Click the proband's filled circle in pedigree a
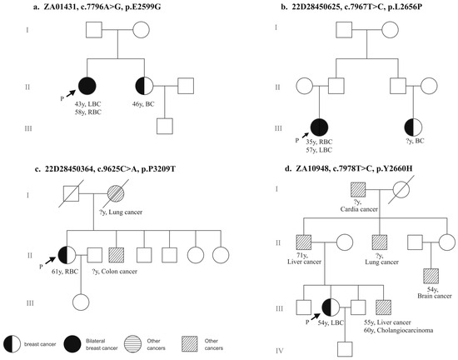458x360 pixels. point(87,86)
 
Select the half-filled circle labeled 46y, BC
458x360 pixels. point(144,86)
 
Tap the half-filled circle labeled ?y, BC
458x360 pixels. point(413,127)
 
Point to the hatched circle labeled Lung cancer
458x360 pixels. point(116,193)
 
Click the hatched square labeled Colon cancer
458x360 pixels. point(117,255)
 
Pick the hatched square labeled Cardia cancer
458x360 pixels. point(358,190)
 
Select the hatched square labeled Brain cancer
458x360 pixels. point(431,276)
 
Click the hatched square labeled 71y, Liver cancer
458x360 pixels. point(304,242)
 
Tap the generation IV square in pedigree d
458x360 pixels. point(345,349)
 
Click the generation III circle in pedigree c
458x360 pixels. point(81,302)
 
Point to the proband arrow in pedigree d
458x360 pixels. point(315,317)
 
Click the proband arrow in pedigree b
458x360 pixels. point(306,135)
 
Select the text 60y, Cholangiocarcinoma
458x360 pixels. point(398,331)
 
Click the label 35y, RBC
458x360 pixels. point(319,142)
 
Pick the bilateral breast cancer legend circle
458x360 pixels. point(72,343)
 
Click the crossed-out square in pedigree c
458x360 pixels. point(72,193)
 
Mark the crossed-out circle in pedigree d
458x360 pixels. point(401,190)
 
